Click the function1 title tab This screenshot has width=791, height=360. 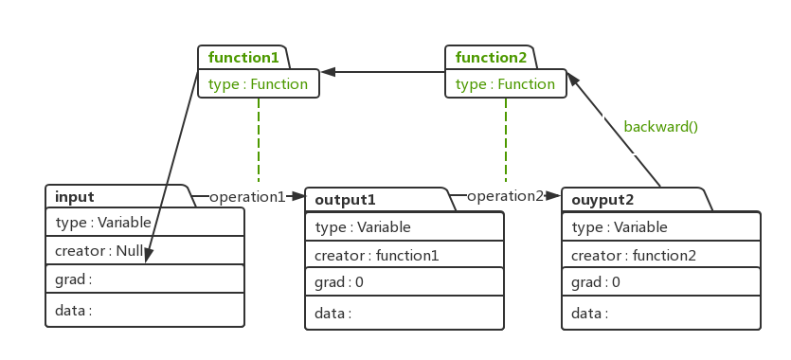coord(243,58)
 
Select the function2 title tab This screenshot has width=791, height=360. coord(491,58)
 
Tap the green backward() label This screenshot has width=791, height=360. coord(660,126)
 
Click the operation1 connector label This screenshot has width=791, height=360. coord(246,196)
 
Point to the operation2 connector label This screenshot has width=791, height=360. coord(505,196)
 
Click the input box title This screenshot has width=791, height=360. coord(75,197)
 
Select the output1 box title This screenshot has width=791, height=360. coord(345,200)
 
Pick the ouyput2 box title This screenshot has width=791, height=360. coord(602,200)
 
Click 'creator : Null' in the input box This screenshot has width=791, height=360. coord(99,251)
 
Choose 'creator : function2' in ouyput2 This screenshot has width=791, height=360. coord(633,255)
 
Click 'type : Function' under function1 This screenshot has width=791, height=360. coord(258,84)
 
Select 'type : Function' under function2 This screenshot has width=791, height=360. coord(505,84)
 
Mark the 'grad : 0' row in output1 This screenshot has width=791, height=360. coord(339,282)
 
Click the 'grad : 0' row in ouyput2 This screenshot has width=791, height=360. coord(597,282)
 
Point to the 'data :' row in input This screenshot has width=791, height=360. coord(74,310)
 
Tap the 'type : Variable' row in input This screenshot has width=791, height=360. coord(99,223)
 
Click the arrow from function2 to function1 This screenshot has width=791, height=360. coord(383,71)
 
